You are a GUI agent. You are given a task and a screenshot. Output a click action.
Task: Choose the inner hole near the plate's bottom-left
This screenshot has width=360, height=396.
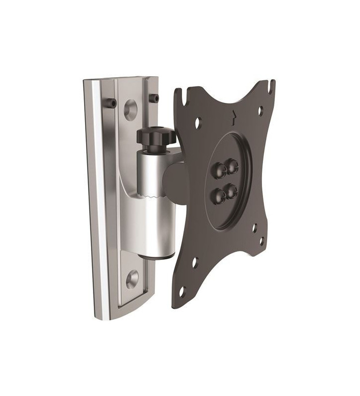(195, 262)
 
